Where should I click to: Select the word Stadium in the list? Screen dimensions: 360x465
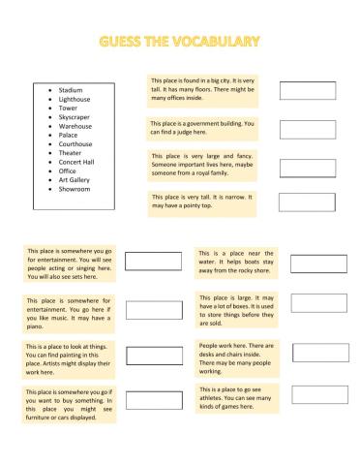(71, 90)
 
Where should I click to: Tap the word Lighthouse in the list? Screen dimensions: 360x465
(75, 100)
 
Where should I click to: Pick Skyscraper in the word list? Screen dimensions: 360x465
(75, 117)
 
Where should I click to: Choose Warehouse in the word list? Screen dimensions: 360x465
(75, 126)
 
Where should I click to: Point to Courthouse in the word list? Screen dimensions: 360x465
(76, 144)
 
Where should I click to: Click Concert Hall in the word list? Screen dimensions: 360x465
(78, 162)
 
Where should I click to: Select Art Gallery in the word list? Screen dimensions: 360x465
(75, 180)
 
